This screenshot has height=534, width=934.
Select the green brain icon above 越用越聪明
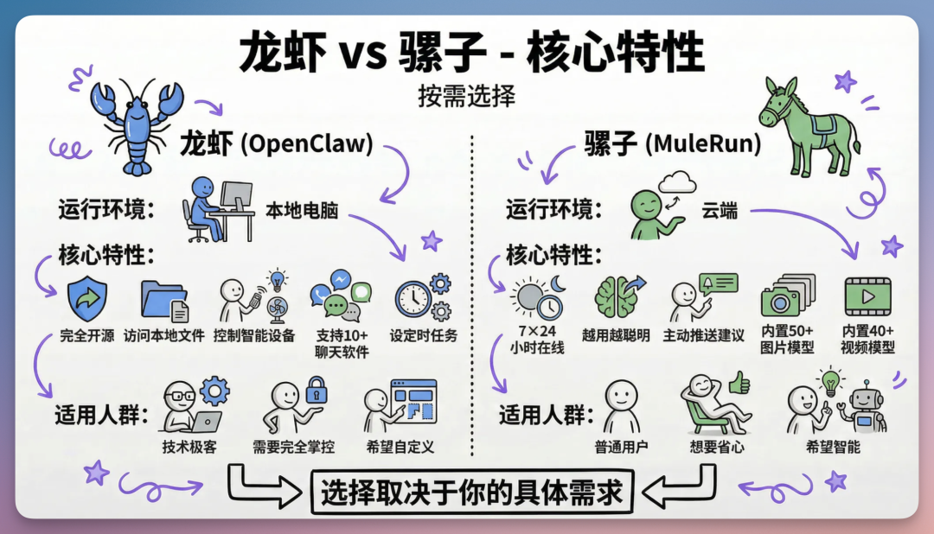[x=616, y=297]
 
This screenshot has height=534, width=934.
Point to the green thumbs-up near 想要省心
[x=739, y=383]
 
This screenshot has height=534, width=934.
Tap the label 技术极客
[x=189, y=447]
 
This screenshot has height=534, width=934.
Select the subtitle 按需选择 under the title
[x=466, y=96]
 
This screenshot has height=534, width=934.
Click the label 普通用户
[x=621, y=447]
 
